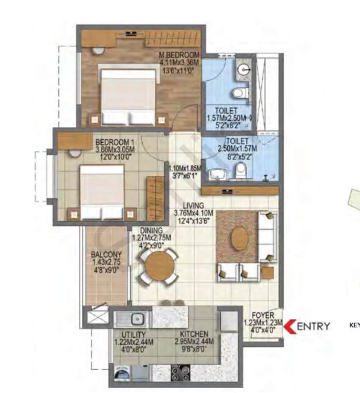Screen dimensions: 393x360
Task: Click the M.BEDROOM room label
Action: [179, 55]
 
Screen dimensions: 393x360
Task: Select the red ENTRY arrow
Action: [290, 326]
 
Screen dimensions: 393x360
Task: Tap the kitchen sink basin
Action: [137, 319]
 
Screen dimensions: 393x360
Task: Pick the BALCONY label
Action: [106, 254]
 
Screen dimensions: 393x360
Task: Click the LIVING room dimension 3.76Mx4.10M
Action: [194, 213]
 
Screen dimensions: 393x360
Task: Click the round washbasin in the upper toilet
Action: [244, 69]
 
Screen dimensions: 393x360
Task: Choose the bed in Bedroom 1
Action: [102, 192]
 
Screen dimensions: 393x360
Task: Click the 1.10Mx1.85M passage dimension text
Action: [185, 168]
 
